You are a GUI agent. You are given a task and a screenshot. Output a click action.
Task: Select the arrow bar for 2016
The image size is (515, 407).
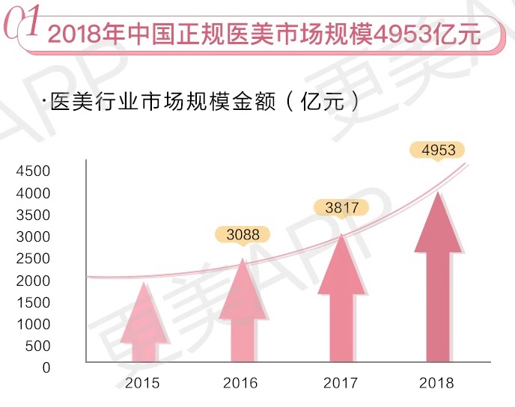click(241, 314)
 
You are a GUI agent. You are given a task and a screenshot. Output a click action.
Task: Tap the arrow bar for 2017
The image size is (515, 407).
click(341, 299)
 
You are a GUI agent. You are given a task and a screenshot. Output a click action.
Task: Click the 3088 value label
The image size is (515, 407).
click(243, 235)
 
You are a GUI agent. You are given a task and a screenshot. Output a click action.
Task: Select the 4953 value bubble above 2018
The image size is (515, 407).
click(439, 150)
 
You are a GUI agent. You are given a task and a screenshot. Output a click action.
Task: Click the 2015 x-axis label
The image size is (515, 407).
click(142, 384)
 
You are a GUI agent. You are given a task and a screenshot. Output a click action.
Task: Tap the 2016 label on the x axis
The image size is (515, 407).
click(240, 384)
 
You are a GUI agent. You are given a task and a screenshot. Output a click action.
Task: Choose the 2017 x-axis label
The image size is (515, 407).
click(341, 384)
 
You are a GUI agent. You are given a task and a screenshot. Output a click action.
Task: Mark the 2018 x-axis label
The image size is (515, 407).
click(437, 384)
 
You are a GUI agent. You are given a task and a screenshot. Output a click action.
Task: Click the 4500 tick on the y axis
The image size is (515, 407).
click(33, 171)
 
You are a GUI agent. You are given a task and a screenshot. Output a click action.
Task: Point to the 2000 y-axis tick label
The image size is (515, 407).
click(33, 281)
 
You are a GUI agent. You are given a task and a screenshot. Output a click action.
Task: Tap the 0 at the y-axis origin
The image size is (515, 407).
click(45, 367)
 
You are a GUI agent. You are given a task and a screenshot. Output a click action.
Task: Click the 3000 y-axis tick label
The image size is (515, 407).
click(33, 236)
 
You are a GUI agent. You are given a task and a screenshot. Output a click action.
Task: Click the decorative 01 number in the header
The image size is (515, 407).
click(22, 25)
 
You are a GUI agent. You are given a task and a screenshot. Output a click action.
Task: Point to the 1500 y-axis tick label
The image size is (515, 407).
click(33, 302)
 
